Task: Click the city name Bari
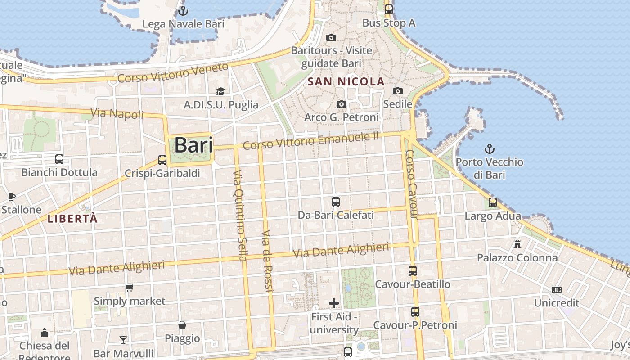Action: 193,145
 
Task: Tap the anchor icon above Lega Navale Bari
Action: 183,10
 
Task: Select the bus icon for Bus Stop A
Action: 388,9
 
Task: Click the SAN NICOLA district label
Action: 346,82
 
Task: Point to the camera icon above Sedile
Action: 397,91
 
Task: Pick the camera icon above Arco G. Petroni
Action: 342,104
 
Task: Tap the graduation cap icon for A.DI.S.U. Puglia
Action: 220,92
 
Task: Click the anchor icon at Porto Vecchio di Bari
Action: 489,148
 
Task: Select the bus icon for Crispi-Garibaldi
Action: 162,160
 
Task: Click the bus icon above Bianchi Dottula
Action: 59,159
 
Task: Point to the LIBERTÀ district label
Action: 72,219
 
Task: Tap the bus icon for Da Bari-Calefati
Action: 336,202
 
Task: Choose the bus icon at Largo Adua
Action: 493,202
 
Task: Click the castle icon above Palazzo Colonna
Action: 517,244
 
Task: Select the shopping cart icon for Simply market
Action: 130,288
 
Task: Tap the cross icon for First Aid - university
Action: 334,303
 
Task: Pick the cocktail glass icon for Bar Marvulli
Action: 123,340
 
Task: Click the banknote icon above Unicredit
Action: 557,290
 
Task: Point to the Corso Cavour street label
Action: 412,184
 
